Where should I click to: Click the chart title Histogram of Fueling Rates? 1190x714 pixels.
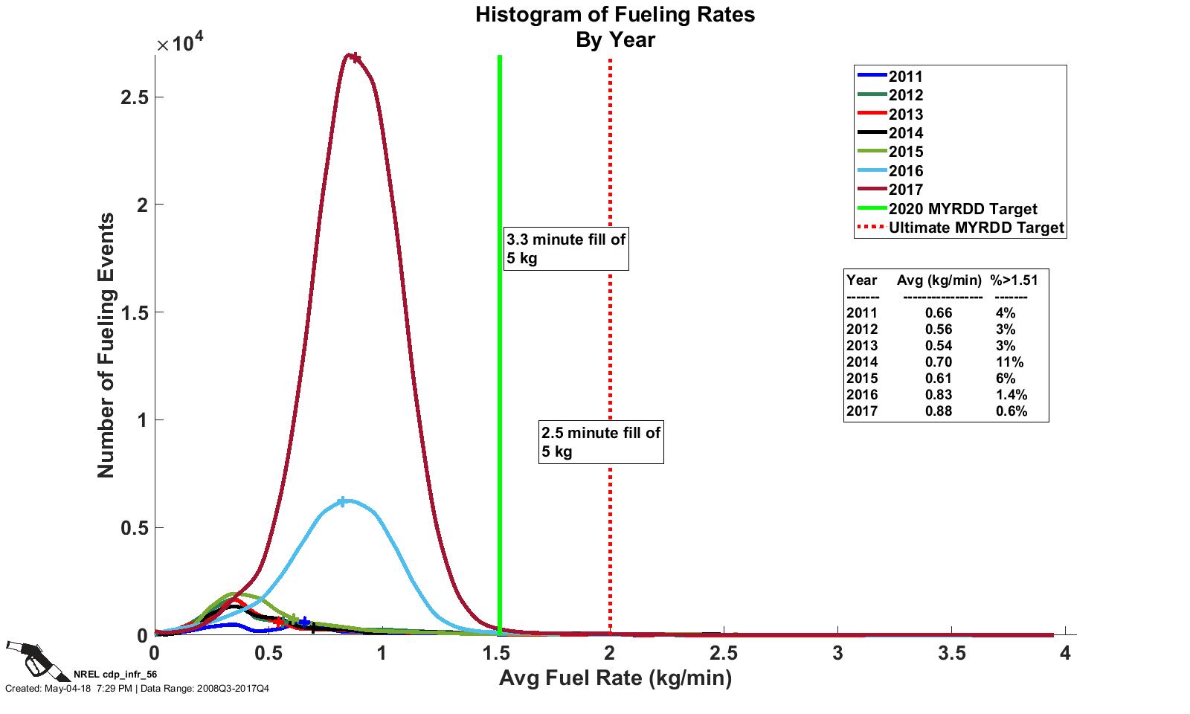(615, 15)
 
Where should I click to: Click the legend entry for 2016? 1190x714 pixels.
(905, 171)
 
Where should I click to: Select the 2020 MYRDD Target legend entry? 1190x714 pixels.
(962, 209)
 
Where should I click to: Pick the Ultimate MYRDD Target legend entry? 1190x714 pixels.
(976, 228)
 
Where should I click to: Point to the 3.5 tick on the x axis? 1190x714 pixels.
(952, 654)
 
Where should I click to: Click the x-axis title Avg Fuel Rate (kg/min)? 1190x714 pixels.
(615, 678)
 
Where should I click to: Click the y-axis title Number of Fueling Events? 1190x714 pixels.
(106, 345)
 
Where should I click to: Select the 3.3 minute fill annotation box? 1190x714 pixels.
(566, 249)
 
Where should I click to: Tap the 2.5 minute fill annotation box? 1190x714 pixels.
(601, 442)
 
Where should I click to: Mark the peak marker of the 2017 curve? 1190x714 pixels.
(356, 58)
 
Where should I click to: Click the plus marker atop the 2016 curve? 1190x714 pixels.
(342, 502)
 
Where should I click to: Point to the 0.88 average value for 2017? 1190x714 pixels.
(939, 411)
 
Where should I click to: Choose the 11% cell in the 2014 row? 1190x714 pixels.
(1009, 362)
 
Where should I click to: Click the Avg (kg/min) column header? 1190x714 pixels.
(939, 280)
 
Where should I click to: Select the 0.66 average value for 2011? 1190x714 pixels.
(939, 313)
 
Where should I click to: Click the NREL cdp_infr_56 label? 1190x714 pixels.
(115, 675)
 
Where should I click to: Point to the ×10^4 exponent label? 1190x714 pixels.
(179, 42)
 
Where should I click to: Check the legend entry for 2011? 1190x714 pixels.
(905, 77)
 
